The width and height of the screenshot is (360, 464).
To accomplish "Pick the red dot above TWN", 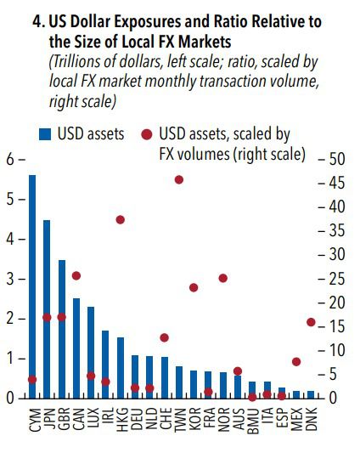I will tap(179, 179).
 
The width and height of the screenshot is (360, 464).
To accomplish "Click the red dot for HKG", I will tap(121, 219).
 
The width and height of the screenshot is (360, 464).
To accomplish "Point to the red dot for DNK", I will tap(311, 322).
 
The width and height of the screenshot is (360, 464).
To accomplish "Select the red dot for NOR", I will tap(223, 278).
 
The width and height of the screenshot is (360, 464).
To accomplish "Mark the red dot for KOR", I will tap(194, 287).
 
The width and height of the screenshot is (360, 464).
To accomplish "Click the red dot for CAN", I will tap(76, 275).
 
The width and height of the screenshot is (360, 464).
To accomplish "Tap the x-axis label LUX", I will tap(91, 417).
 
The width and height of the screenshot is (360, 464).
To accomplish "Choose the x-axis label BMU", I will tap(253, 418).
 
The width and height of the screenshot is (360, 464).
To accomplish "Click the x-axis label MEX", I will tap(297, 418).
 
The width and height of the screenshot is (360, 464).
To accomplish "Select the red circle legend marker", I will tap(146, 134).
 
